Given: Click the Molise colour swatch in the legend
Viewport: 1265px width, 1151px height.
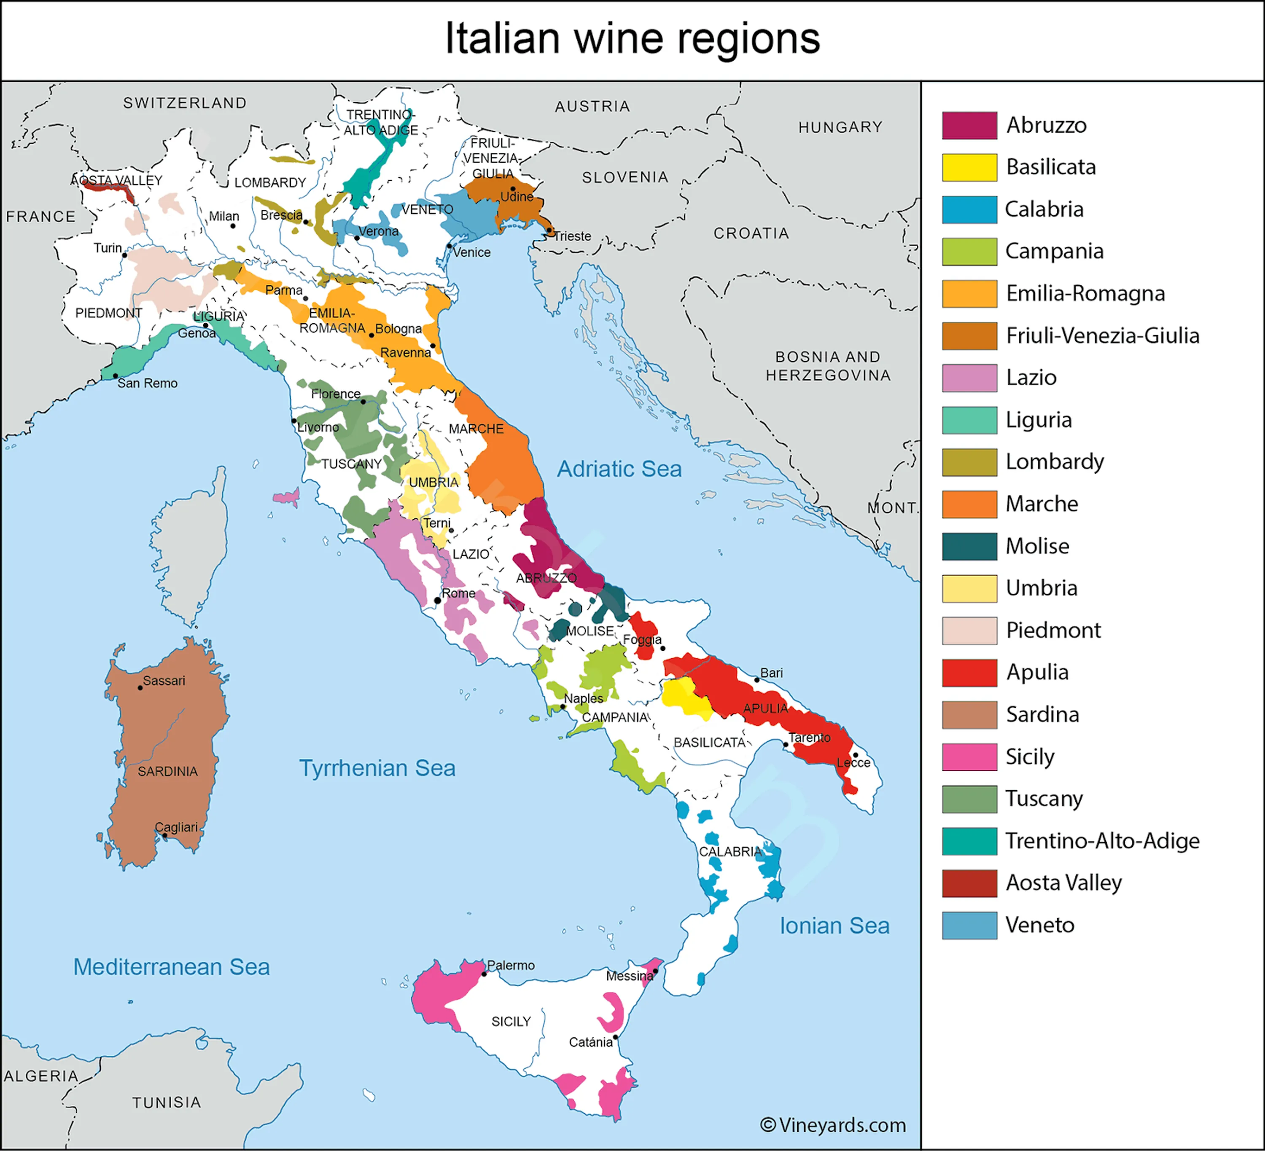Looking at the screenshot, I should (969, 546).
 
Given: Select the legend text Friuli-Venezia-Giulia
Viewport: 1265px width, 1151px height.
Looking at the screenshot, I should (1103, 335).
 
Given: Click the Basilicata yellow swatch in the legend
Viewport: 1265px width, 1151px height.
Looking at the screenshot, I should (969, 167).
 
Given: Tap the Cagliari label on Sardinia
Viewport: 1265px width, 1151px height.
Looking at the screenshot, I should (176, 827).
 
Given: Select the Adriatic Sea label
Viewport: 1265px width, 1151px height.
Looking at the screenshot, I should (619, 469).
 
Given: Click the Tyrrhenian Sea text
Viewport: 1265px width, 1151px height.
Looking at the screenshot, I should (377, 768).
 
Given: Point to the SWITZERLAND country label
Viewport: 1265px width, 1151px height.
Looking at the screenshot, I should (185, 103).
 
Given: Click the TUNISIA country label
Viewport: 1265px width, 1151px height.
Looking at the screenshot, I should (167, 1102).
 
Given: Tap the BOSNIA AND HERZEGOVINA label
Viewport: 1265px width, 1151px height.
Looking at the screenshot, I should (828, 366).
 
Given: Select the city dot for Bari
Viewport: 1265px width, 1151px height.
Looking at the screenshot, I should (757, 679).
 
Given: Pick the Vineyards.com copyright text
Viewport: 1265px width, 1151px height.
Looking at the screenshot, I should (833, 1124).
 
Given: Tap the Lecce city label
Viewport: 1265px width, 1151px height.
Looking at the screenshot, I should (853, 763).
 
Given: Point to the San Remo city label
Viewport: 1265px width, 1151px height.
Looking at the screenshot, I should (148, 383).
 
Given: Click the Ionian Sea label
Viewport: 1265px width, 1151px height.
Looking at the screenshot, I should (834, 926).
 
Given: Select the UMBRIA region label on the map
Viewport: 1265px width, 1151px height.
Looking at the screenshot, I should (433, 482).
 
